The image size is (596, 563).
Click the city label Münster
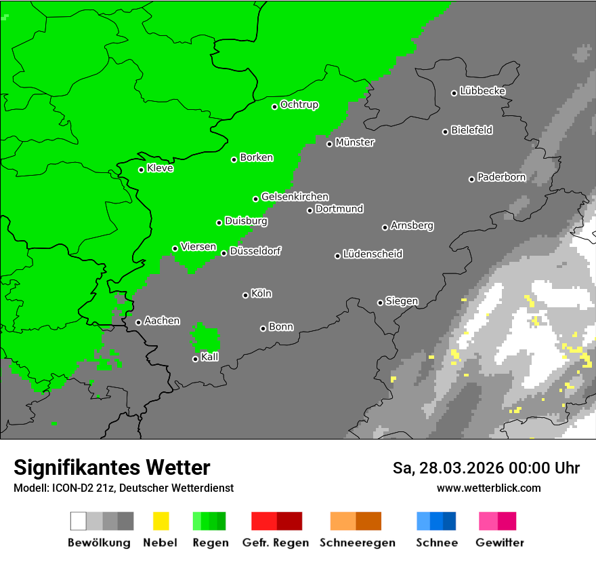coord(355,142)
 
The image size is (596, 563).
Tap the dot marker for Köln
coord(245,295)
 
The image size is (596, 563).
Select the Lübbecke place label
coord(482,91)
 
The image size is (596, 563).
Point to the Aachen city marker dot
coord(138,322)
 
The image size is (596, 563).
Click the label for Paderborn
coord(501,177)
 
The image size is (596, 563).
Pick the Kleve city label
coord(160,168)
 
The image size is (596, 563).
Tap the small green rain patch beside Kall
coord(205,338)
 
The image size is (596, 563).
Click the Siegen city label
coord(402,301)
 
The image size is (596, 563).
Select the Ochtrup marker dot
coord(274,106)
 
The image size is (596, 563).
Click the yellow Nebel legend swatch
coord(161,521)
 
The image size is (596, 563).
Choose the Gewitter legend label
coord(500,543)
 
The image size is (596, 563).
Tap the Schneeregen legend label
coord(357,543)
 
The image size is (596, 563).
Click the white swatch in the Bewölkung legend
coord(79,521)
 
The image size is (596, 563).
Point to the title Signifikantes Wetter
coord(112,467)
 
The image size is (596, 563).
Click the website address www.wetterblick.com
coord(488,488)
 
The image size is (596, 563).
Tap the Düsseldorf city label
coord(255,251)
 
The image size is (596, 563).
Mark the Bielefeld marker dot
coord(445,132)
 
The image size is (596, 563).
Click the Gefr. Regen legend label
coord(276,543)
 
